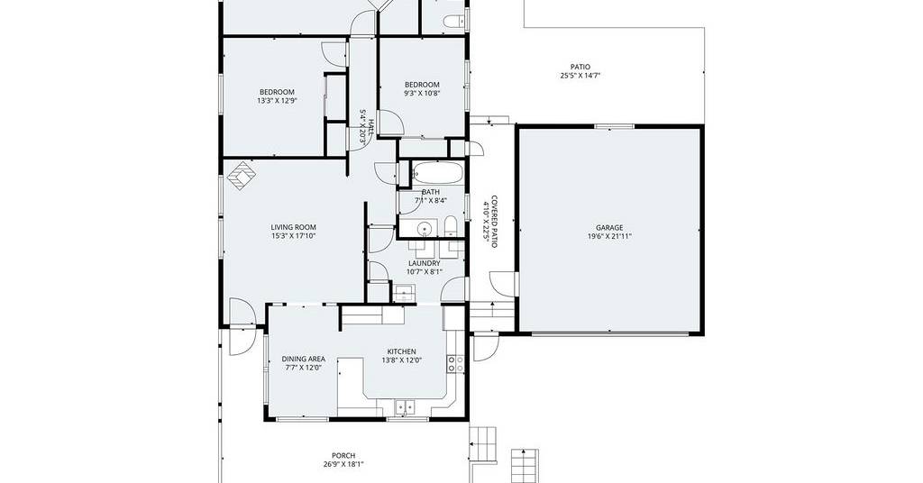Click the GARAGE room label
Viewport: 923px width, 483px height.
click(609, 228)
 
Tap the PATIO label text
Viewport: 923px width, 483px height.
click(580, 67)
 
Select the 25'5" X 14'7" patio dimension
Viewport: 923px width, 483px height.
click(580, 76)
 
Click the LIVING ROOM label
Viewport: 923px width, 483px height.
click(293, 227)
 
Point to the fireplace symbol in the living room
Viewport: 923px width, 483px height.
click(242, 178)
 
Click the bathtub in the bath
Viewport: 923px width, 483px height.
click(438, 174)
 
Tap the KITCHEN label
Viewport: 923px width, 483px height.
click(401, 351)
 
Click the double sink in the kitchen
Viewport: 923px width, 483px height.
click(405, 406)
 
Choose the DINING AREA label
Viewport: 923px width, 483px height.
click(303, 359)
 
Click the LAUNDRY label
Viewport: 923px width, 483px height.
click(424, 263)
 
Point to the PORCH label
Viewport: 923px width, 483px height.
click(343, 455)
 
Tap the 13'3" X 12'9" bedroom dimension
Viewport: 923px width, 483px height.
click(277, 101)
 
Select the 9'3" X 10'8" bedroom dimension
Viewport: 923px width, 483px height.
click(422, 93)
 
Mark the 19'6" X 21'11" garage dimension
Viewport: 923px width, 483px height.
click(609, 236)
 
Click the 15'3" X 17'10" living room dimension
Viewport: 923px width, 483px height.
click(293, 236)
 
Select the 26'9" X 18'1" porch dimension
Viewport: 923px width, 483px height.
click(343, 464)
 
